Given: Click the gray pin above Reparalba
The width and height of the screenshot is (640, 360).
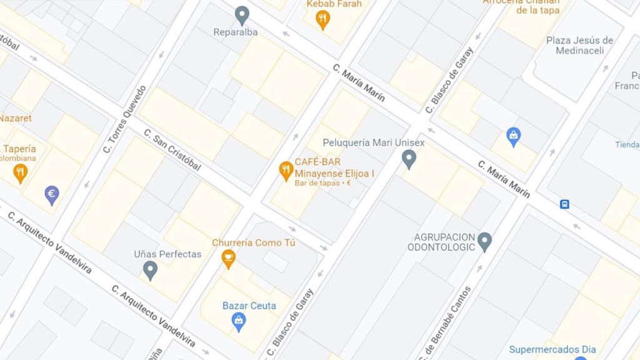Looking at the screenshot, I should pyautogui.click(x=242, y=15).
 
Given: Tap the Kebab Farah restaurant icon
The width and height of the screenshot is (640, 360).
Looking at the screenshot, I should pyautogui.click(x=322, y=19).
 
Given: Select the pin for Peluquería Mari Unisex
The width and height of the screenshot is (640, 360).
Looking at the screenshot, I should pyautogui.click(x=409, y=158).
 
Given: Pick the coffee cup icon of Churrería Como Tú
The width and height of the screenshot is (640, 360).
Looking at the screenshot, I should pyautogui.click(x=229, y=257).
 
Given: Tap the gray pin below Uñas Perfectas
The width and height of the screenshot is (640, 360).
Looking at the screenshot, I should pyautogui.click(x=150, y=270).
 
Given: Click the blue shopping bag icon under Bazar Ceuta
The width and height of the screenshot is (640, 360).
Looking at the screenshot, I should pyautogui.click(x=238, y=321).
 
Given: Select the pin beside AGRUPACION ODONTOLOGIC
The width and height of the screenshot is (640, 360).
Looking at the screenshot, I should pyautogui.click(x=484, y=241).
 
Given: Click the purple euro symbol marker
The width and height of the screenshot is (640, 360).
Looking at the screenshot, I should pyautogui.click(x=52, y=195).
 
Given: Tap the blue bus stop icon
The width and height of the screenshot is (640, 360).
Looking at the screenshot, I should pyautogui.click(x=564, y=204).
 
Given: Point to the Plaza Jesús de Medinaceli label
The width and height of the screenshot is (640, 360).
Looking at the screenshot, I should pyautogui.click(x=579, y=46).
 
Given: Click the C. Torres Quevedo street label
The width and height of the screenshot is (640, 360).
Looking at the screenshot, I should pyautogui.click(x=124, y=119).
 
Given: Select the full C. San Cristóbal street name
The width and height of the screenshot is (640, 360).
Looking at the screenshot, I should pyautogui.click(x=172, y=150).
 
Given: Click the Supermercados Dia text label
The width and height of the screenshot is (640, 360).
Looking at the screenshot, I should pyautogui.click(x=552, y=349).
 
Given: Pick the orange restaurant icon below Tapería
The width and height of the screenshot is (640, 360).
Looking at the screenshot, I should pyautogui.click(x=21, y=172).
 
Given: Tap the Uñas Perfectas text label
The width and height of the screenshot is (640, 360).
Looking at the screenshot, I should pyautogui.click(x=167, y=254).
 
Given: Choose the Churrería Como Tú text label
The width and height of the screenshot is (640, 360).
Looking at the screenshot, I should pyautogui.click(x=253, y=242).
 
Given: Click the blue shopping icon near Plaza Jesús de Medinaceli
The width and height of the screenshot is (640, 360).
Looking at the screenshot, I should pyautogui.click(x=513, y=136).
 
